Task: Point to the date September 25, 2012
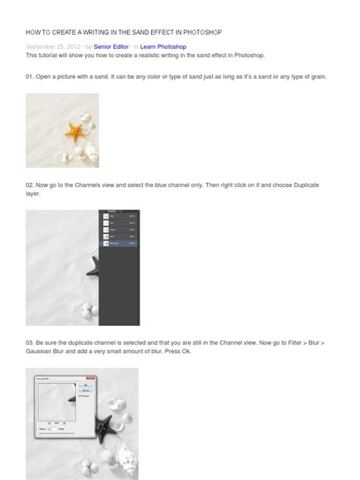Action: point(52,46)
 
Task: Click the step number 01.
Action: point(30,77)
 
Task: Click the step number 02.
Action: point(30,185)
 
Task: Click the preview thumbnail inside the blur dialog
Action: point(56,400)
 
